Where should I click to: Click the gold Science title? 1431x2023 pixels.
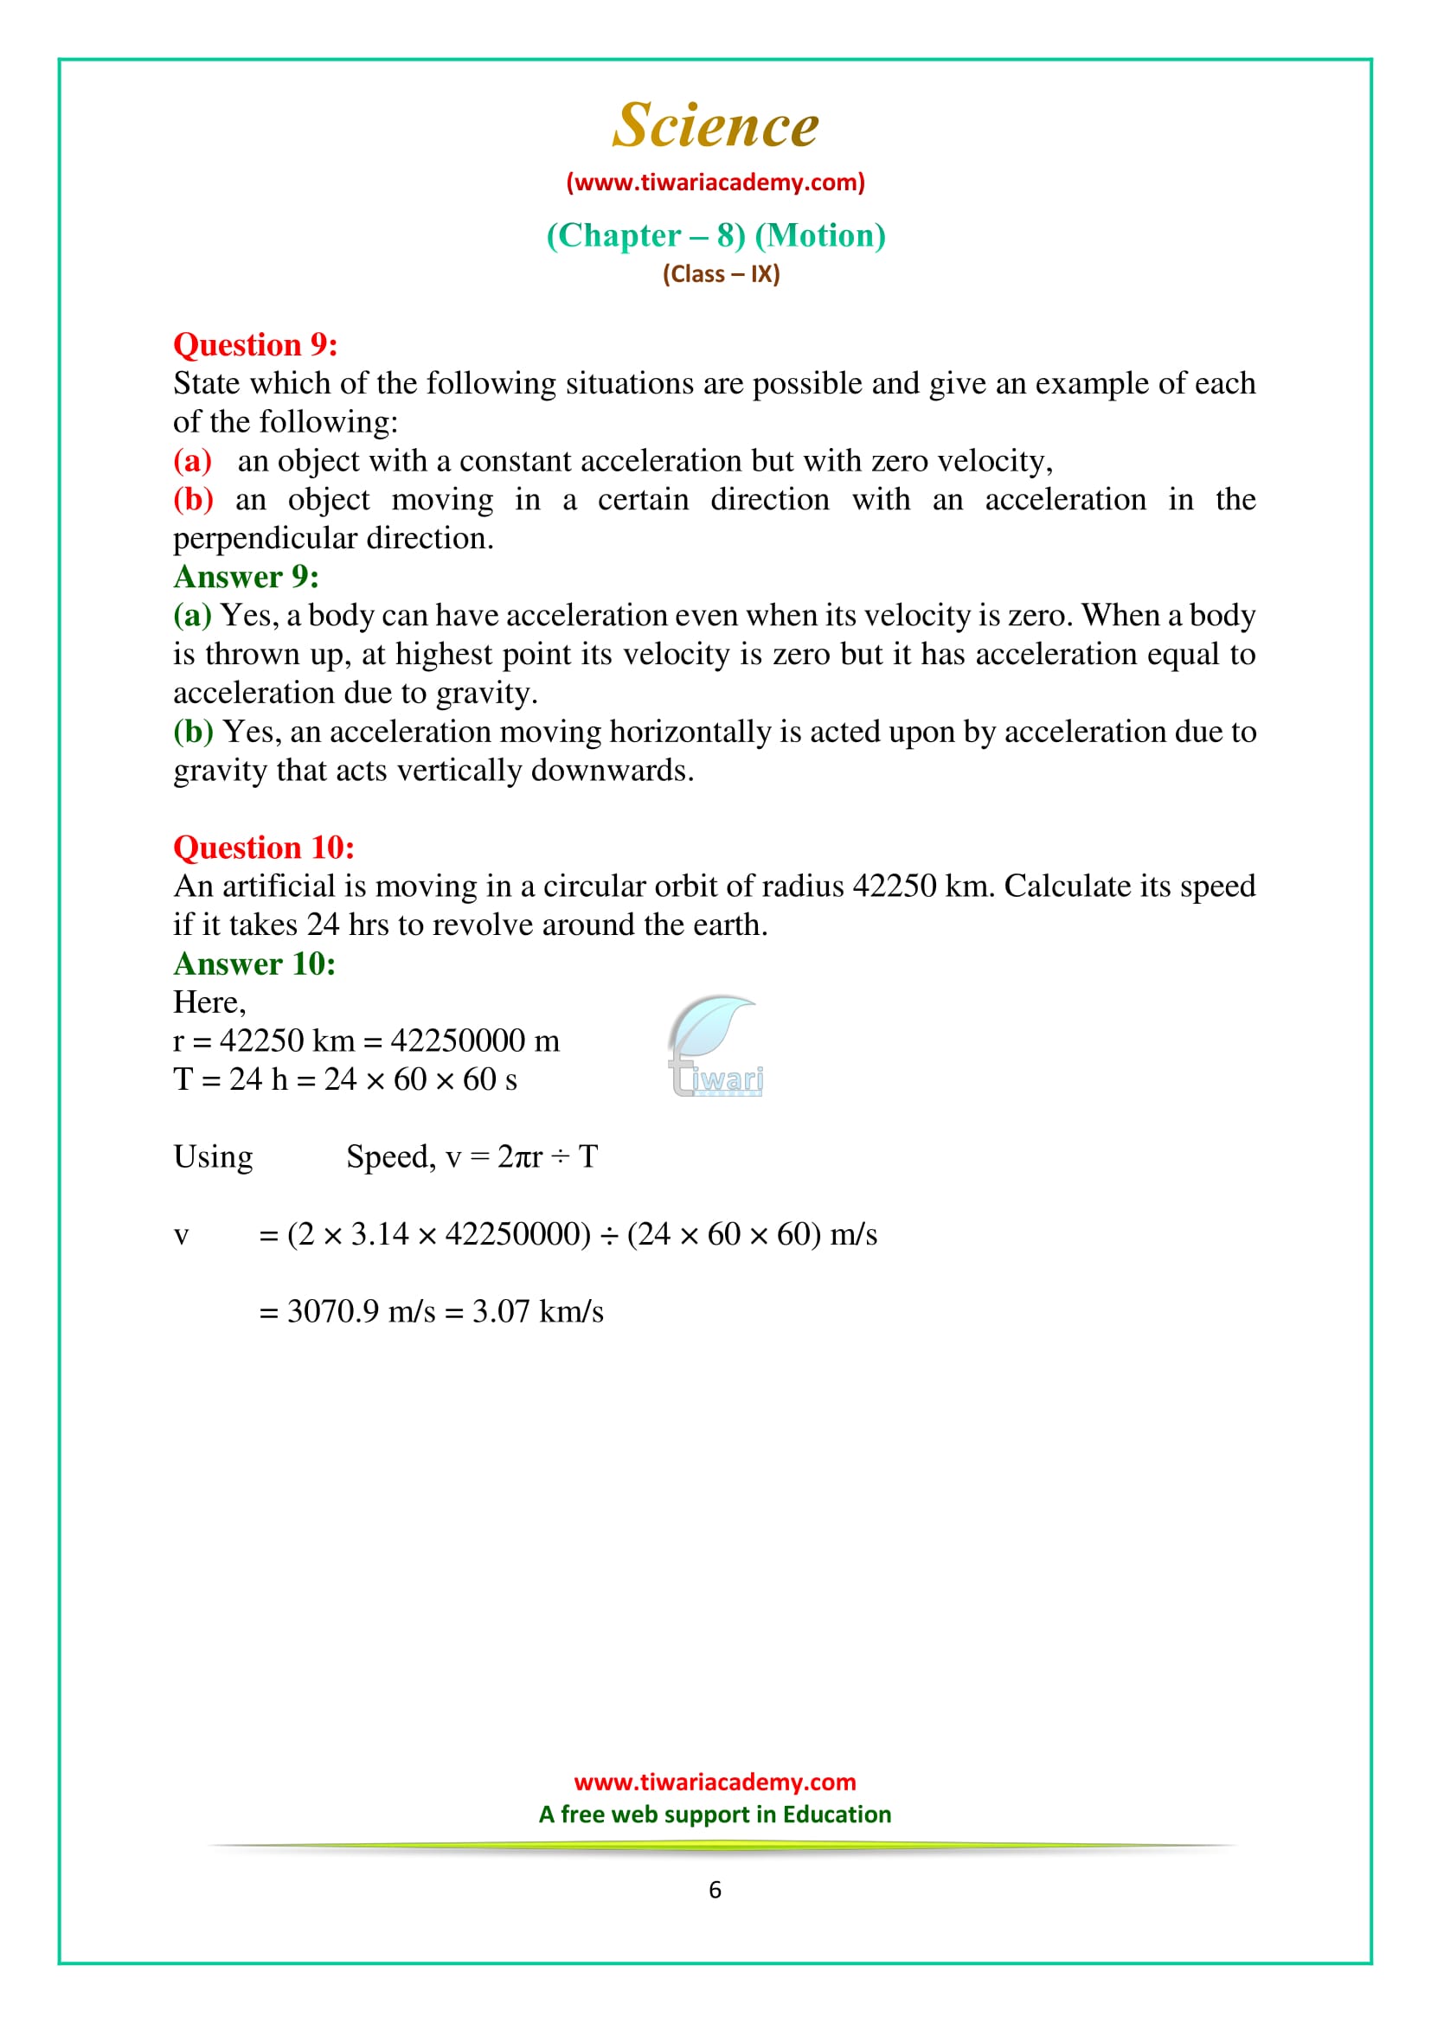click(x=715, y=125)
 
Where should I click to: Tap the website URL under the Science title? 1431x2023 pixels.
click(x=715, y=182)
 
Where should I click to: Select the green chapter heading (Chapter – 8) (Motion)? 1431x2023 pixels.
click(x=715, y=235)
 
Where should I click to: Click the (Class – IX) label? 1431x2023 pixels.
click(x=721, y=274)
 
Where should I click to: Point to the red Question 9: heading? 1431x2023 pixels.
click(x=254, y=344)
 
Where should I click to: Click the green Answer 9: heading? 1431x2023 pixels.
click(x=246, y=576)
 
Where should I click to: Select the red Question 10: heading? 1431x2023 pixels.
click(x=264, y=847)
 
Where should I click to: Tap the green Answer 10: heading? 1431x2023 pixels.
click(x=253, y=963)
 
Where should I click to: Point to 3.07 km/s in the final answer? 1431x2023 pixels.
click(x=537, y=1311)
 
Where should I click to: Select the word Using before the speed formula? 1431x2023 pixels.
click(x=212, y=1156)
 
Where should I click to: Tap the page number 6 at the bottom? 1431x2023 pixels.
click(x=715, y=1889)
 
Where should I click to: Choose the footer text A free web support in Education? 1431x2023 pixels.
click(x=715, y=1814)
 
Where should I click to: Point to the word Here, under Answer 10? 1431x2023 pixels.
click(x=209, y=1002)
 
